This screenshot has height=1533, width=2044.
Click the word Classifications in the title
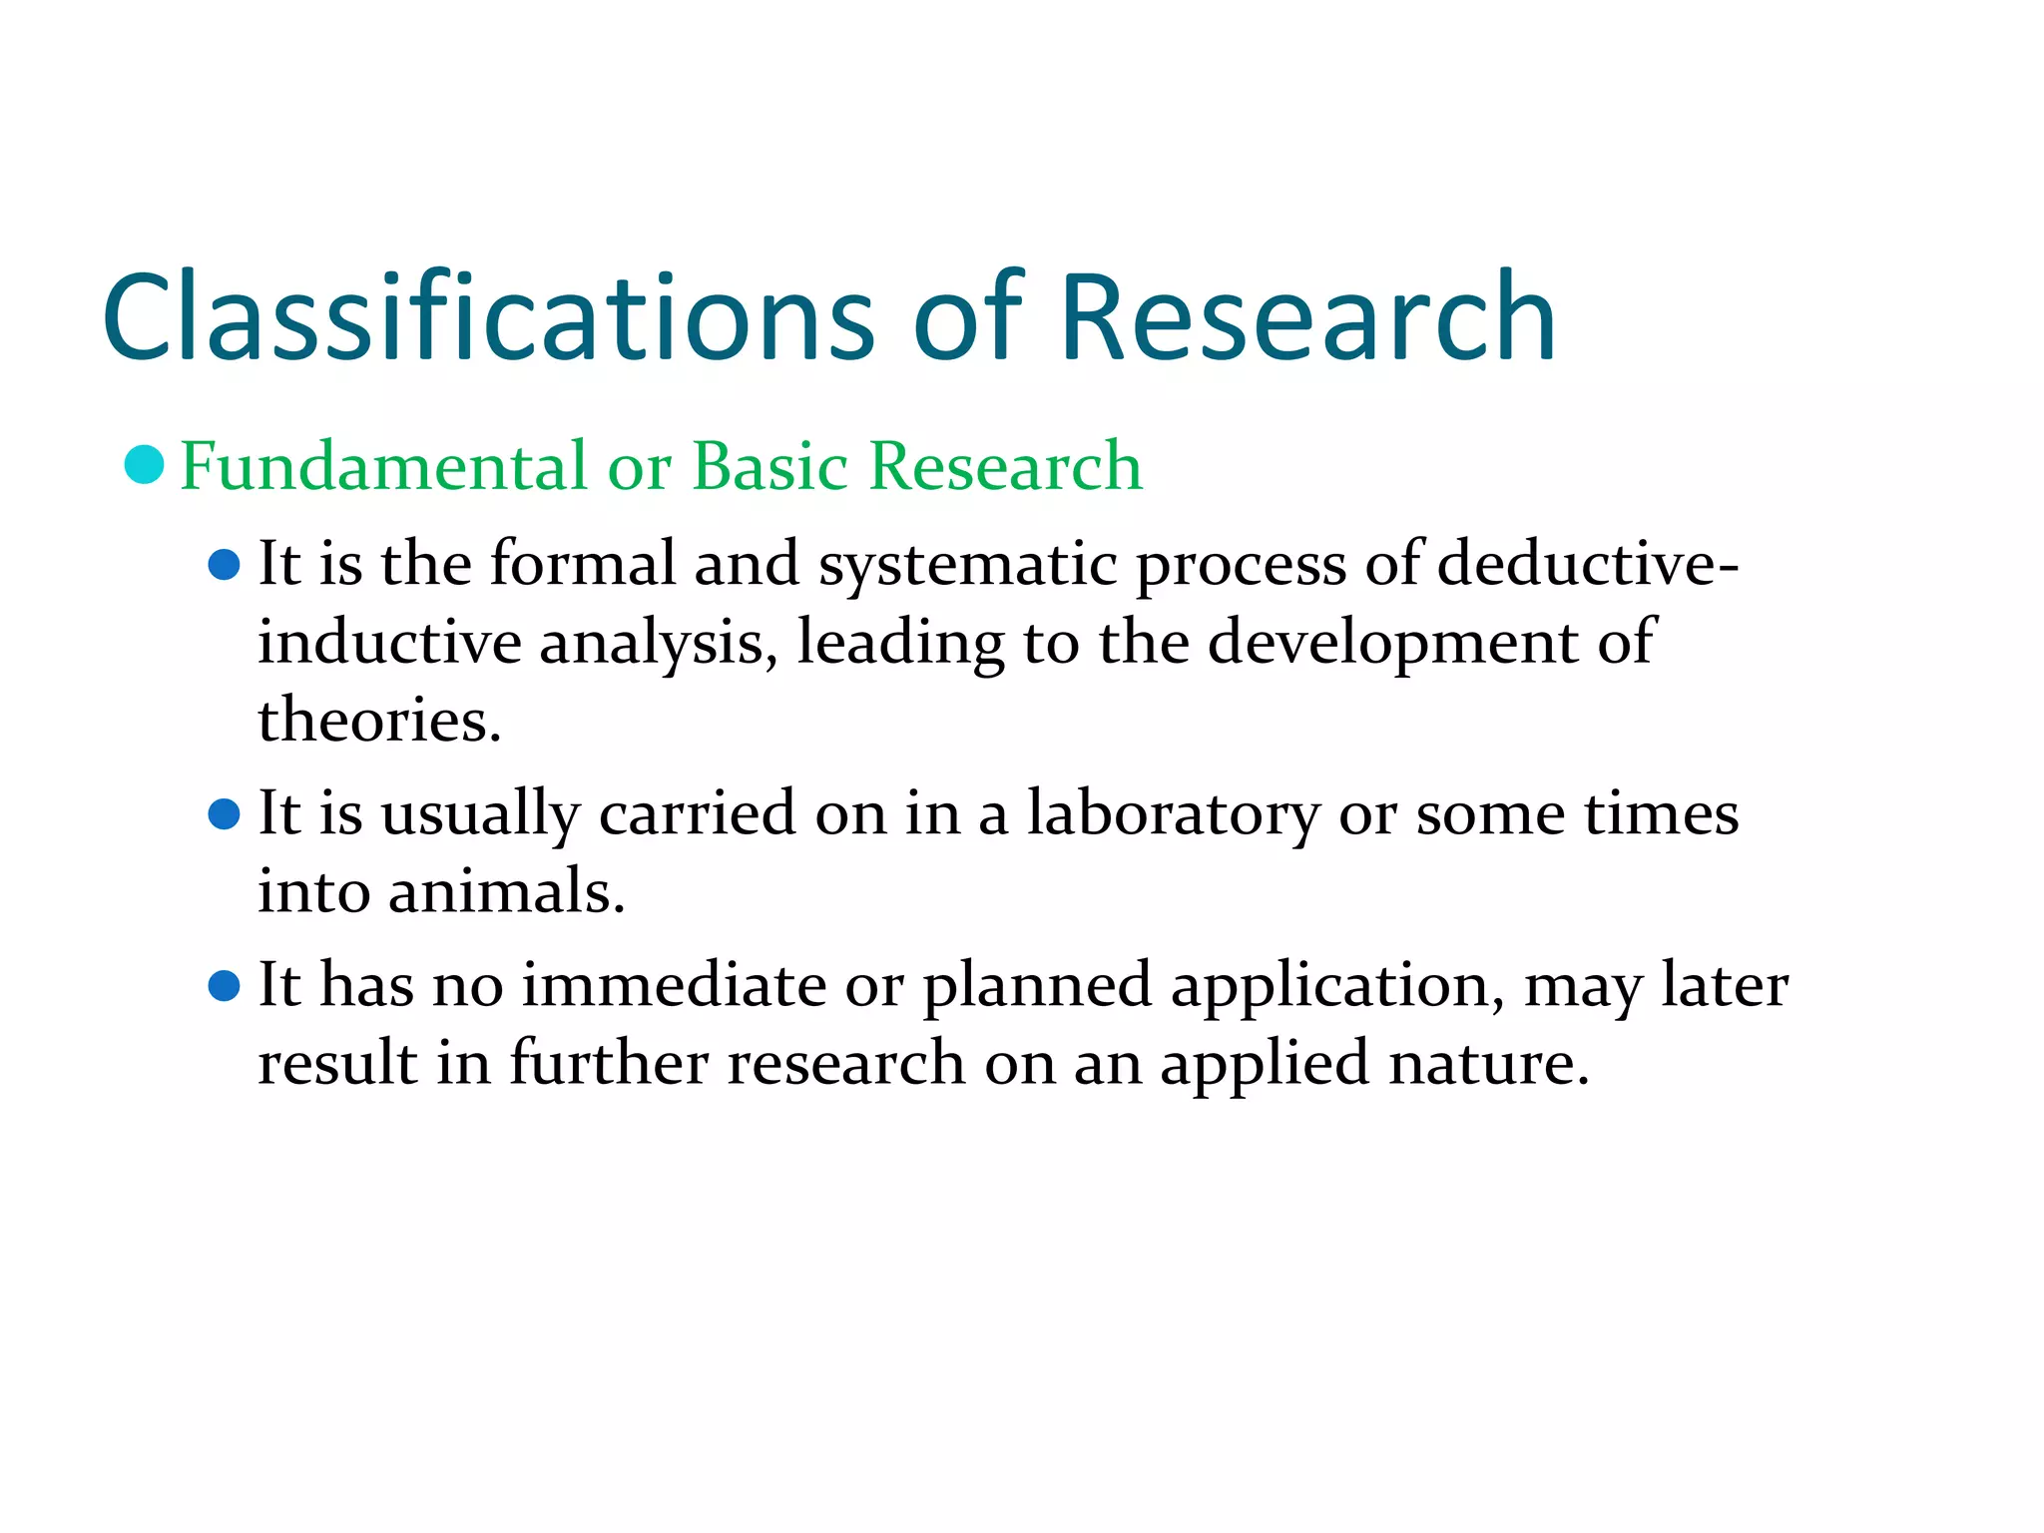[489, 317]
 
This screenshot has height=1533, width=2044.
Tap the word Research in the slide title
[1306, 317]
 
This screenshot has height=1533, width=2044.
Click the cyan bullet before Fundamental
[145, 465]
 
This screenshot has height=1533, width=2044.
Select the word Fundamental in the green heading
[384, 466]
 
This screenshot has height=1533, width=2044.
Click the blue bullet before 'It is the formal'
[225, 566]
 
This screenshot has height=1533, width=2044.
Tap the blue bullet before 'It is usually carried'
[225, 814]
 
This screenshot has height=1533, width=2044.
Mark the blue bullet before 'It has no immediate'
[225, 986]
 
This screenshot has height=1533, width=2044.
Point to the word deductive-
[1588, 563]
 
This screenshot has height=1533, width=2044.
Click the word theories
[379, 720]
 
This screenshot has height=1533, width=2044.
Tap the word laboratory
[1174, 814]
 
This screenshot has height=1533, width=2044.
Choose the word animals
[506, 891]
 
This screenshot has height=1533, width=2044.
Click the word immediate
[674, 986]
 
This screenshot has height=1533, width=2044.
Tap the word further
[609, 1063]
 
